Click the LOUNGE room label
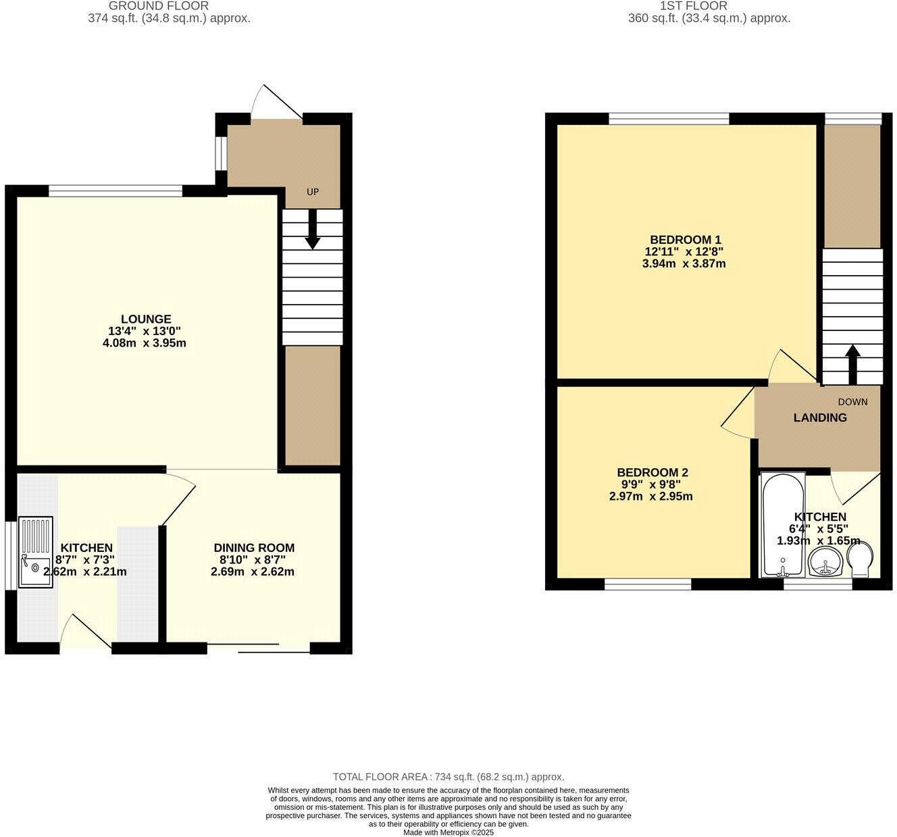click(x=146, y=319)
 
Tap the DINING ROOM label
click(x=254, y=548)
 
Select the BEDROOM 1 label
click(x=685, y=240)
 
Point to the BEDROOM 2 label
click(x=652, y=473)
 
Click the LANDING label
click(x=819, y=417)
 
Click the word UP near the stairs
click(x=312, y=192)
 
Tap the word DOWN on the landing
click(x=852, y=402)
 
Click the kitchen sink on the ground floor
click(x=35, y=552)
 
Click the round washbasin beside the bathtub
click(x=825, y=561)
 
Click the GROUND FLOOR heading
click(x=158, y=6)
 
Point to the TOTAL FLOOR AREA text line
click(x=448, y=777)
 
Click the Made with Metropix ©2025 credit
click(x=448, y=832)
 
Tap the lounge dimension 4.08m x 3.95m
click(x=140, y=343)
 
